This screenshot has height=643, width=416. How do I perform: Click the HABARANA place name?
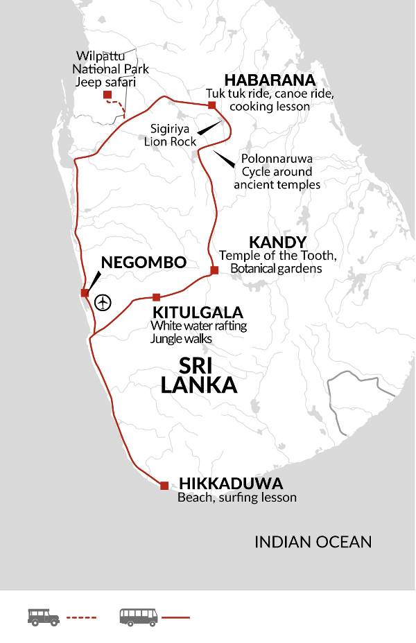(x=261, y=80)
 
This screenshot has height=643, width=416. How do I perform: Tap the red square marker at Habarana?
(x=212, y=105)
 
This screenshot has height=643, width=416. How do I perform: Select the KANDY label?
(x=277, y=242)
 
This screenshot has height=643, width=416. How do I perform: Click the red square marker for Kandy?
(x=214, y=270)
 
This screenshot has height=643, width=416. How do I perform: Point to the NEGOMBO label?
(x=144, y=262)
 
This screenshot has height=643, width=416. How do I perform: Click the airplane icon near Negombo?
(x=103, y=303)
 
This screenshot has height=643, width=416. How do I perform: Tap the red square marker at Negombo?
(x=85, y=293)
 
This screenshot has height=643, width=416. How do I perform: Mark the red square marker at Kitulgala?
(x=156, y=297)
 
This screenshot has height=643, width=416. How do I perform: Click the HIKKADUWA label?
(x=231, y=483)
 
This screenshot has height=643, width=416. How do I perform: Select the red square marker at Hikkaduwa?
(x=164, y=486)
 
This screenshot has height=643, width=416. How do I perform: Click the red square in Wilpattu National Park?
(x=107, y=95)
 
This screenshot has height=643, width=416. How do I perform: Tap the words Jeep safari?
(x=107, y=82)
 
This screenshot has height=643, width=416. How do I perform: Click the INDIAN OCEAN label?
(x=313, y=542)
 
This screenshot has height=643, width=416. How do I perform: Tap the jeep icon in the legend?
(x=43, y=617)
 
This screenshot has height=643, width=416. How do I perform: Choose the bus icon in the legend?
(x=139, y=617)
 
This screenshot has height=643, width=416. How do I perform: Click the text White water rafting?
(x=198, y=325)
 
